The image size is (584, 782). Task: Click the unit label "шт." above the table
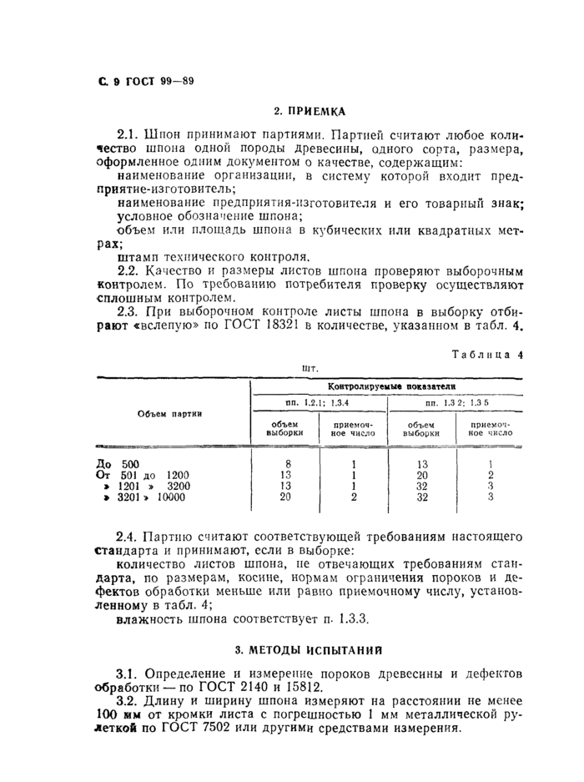[310, 367]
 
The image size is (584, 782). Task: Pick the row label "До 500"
[118, 464]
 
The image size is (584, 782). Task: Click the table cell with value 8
[288, 464]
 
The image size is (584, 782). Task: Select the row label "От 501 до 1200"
[143, 475]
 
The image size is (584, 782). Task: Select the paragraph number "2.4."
[128, 535]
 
